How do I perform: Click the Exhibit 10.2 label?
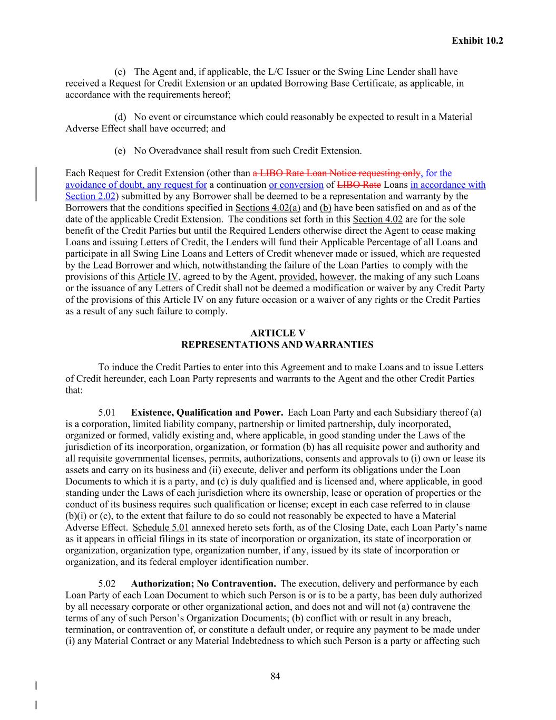[477, 40]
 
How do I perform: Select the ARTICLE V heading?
[277, 333]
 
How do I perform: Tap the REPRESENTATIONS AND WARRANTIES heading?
[277, 344]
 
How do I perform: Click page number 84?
[275, 676]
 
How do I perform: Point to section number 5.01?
[106, 412]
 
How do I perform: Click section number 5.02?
[106, 583]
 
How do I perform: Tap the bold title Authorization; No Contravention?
[203, 583]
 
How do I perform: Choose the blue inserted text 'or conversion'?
[296, 185]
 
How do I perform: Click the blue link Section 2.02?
[90, 196]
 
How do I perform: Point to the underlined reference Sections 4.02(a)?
[267, 208]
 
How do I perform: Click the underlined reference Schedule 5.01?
[161, 527]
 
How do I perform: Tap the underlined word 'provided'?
[296, 277]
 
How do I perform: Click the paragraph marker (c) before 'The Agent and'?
[120, 72]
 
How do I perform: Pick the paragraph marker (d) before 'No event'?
[120, 117]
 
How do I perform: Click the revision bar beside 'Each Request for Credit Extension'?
[36, 184]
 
